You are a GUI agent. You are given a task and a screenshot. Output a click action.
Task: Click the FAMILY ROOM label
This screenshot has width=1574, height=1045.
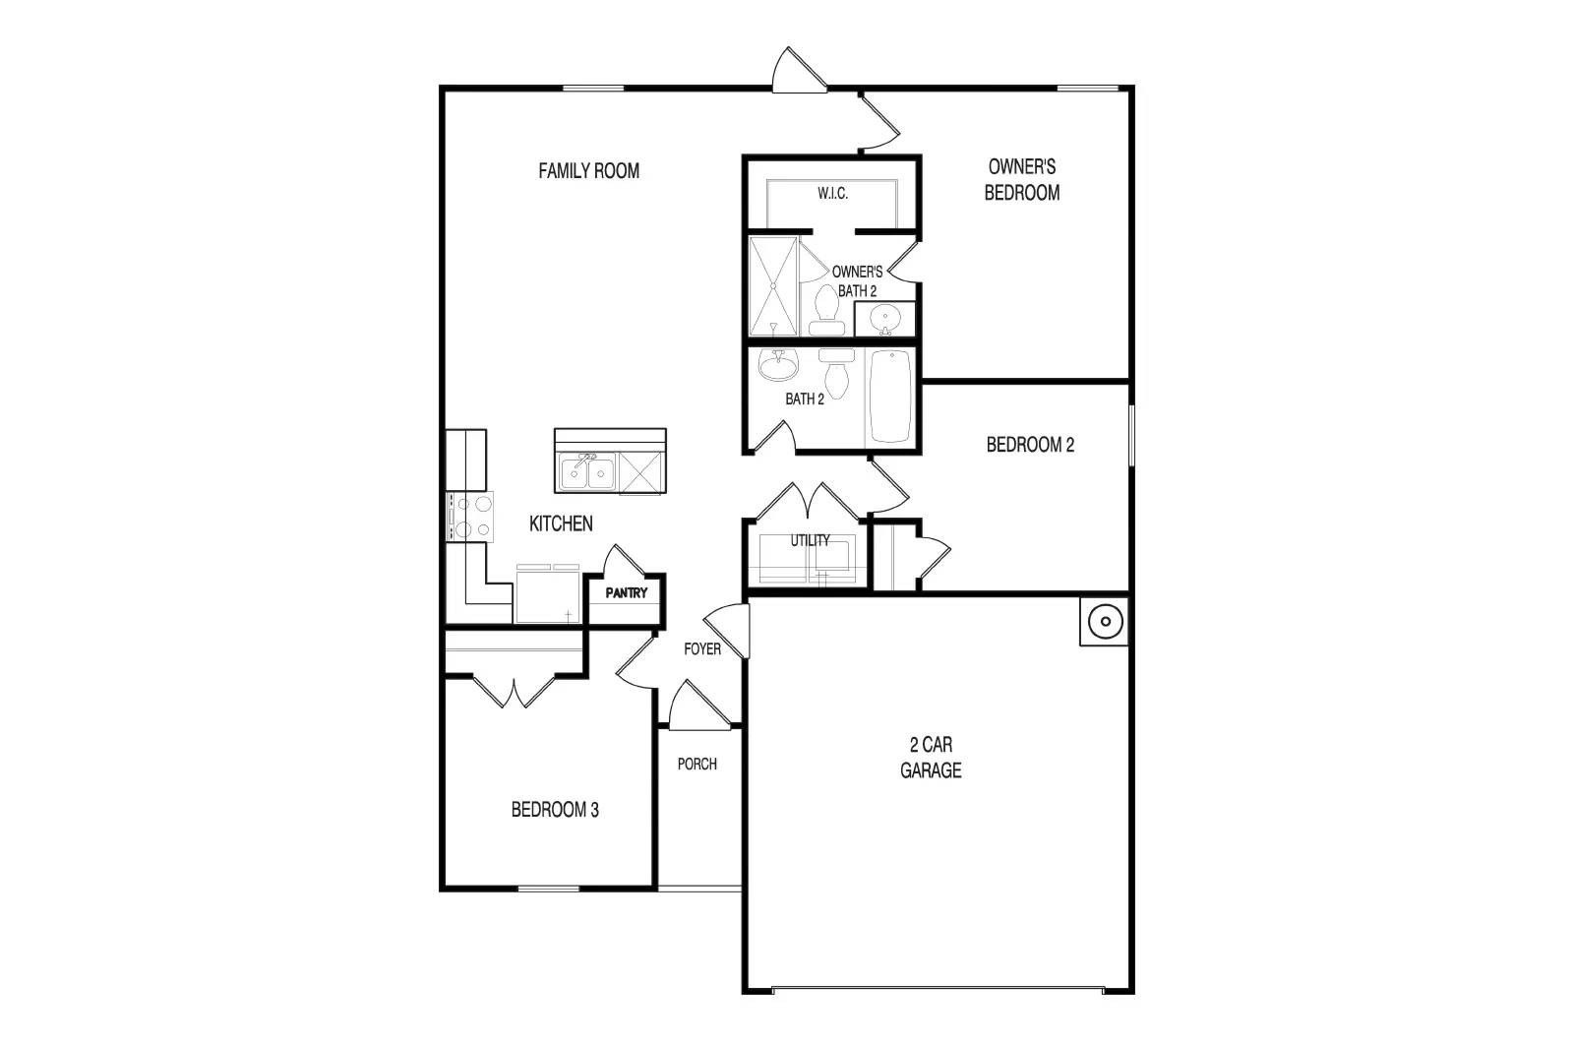pos(588,171)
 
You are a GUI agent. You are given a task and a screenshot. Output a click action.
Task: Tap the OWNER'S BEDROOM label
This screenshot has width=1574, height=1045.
pos(1022,180)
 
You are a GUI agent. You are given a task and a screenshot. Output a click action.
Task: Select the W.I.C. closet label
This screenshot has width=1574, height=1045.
pos(832,194)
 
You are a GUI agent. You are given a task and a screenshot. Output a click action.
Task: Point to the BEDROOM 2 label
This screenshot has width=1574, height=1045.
pos(1030,445)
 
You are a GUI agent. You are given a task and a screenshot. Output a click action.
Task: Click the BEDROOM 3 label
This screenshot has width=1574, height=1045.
pos(555,811)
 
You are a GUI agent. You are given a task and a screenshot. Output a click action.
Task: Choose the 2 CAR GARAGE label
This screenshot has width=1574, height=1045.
pos(931,758)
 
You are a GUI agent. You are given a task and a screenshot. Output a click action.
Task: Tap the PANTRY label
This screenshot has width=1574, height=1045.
pos(626,593)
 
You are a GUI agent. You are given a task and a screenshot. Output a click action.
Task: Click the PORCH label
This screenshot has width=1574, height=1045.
pos(696,764)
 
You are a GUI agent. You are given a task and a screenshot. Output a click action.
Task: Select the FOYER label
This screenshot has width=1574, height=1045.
pos(702,649)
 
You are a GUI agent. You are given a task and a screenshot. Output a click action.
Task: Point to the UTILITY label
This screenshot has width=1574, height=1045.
pos(810,540)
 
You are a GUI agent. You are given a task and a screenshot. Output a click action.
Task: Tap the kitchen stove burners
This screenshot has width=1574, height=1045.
pos(470,517)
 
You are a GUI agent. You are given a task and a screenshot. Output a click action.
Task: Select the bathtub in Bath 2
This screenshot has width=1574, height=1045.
pos(891,397)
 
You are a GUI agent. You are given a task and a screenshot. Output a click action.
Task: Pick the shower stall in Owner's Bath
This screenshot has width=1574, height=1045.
pos(773,286)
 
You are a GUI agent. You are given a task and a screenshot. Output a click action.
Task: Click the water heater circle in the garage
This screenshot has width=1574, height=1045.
pos(1105,621)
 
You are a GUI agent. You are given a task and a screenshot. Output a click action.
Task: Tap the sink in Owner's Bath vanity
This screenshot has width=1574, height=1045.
pos(885,319)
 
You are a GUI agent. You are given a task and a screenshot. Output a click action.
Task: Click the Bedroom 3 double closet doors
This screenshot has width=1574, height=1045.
pos(513,690)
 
